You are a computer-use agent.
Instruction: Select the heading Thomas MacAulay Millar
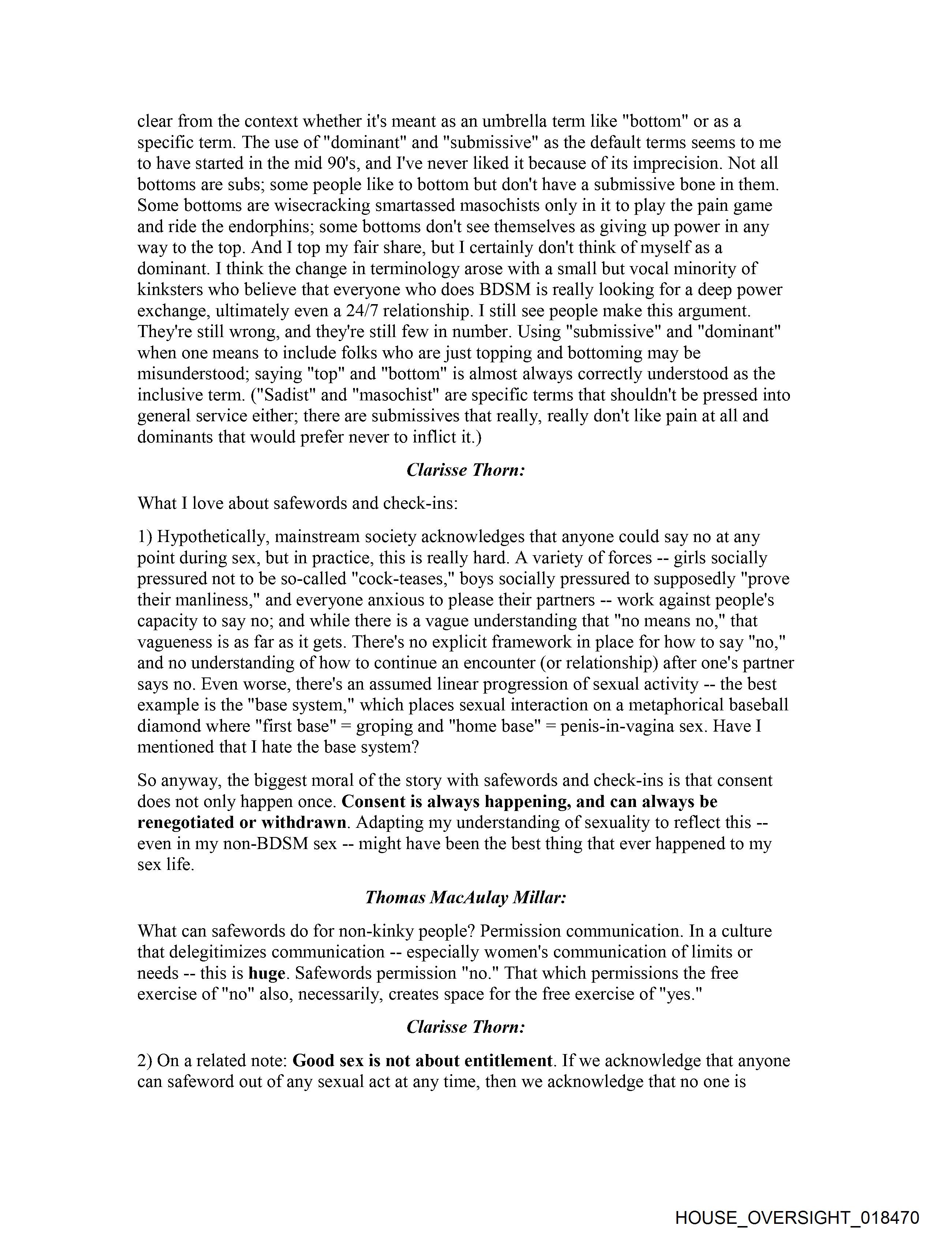[x=465, y=897]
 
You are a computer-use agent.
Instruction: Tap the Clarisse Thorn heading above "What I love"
[x=465, y=470]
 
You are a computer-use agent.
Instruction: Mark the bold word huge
[x=267, y=973]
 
